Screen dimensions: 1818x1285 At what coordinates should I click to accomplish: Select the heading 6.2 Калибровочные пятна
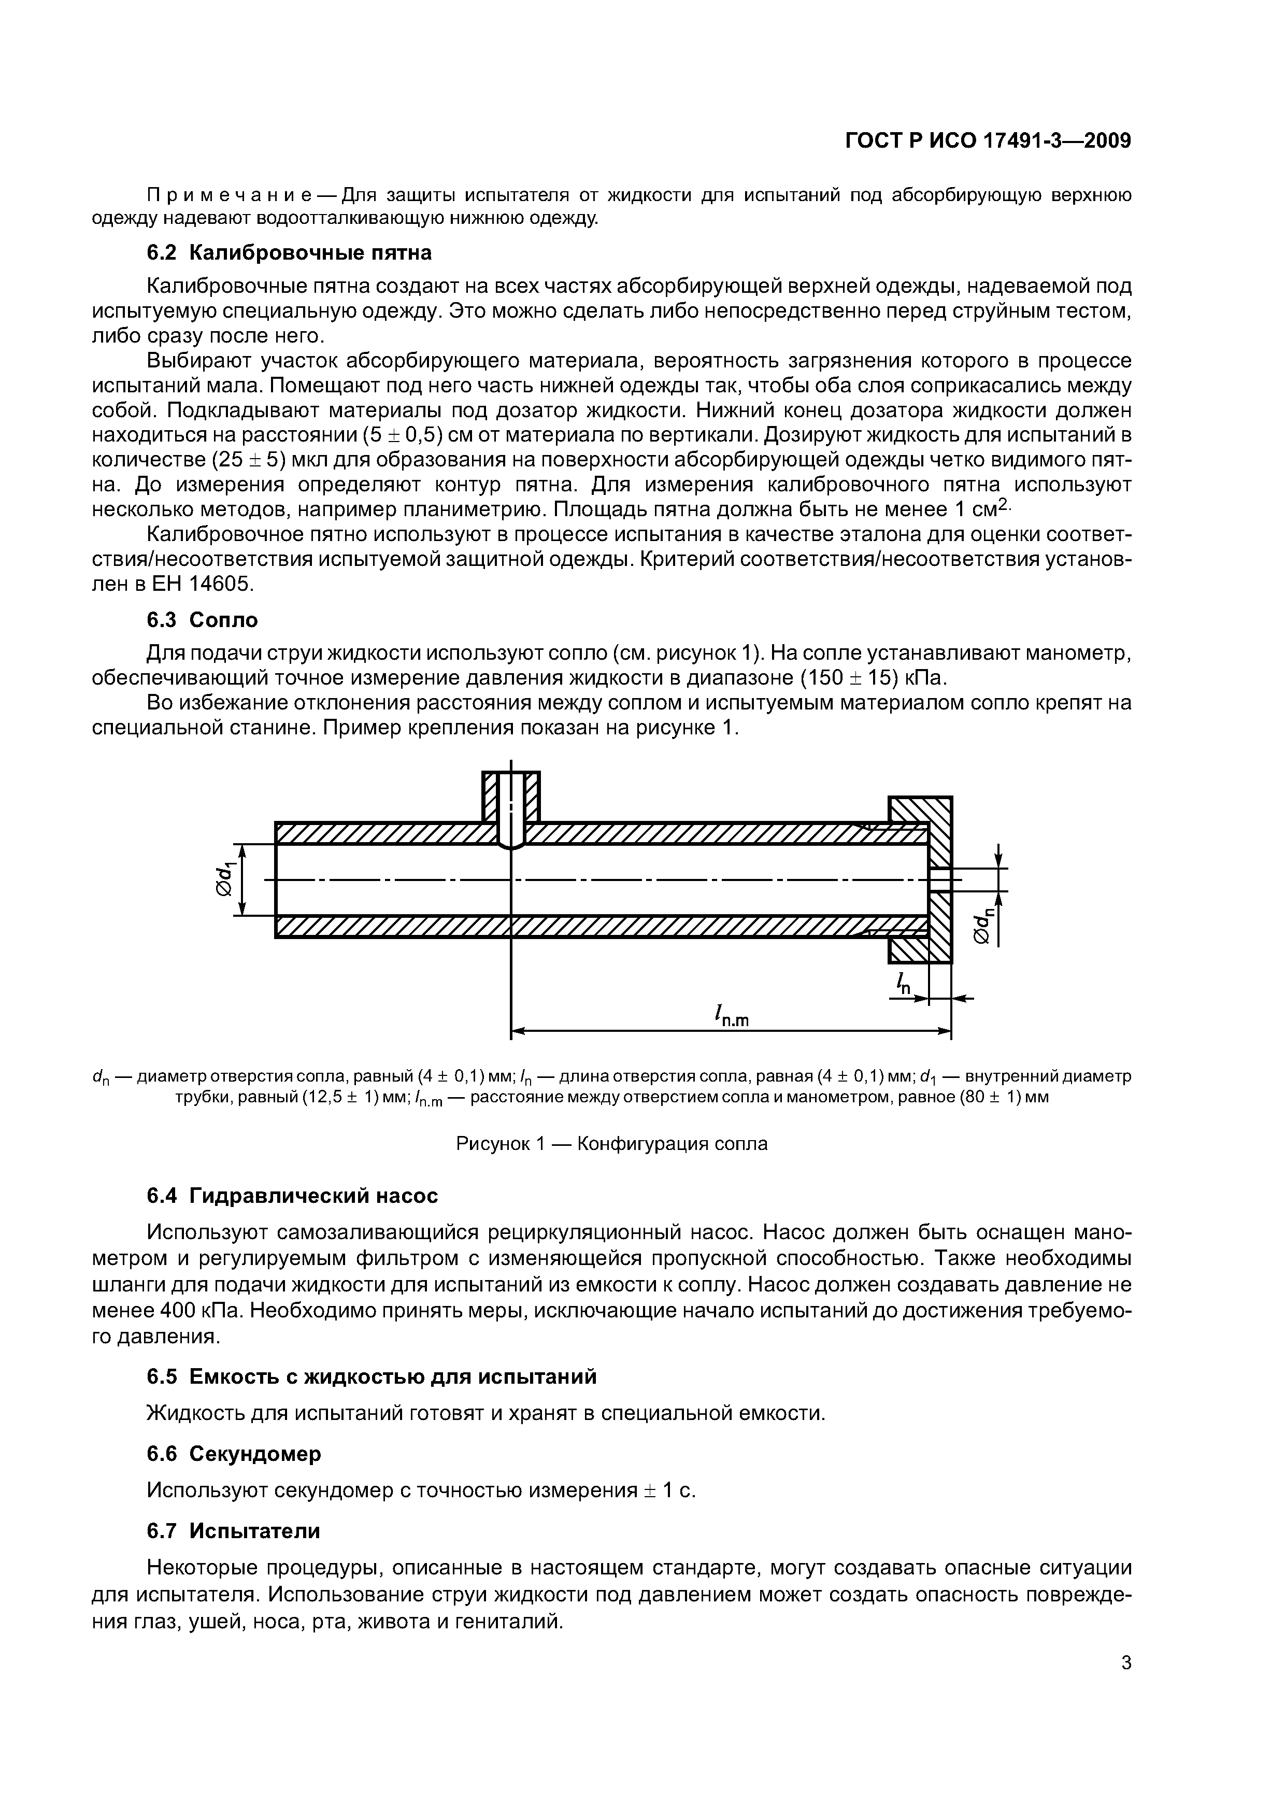pos(290,252)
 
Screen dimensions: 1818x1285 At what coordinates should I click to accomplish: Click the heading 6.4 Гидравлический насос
pos(292,1196)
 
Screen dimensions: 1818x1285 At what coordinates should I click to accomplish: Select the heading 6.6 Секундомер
pos(234,1454)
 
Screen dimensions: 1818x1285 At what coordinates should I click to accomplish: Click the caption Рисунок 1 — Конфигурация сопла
pos(612,1143)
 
